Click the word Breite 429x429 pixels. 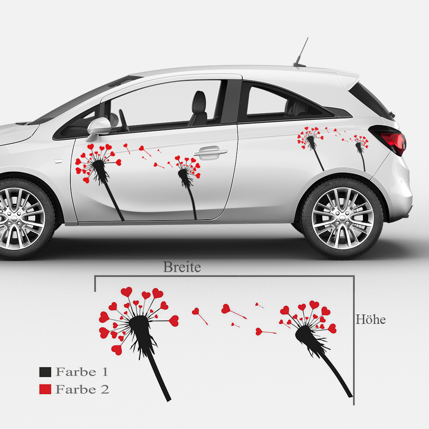click(x=182, y=267)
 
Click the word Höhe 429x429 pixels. click(x=370, y=320)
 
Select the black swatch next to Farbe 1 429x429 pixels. click(x=45, y=372)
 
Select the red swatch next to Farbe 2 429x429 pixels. click(x=45, y=389)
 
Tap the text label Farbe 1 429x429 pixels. click(x=82, y=372)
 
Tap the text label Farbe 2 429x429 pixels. click(x=82, y=389)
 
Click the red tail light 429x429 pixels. click(x=394, y=142)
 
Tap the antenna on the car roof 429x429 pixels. click(x=302, y=51)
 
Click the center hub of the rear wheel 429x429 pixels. click(x=342, y=218)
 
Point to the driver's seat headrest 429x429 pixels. click(x=199, y=100)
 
